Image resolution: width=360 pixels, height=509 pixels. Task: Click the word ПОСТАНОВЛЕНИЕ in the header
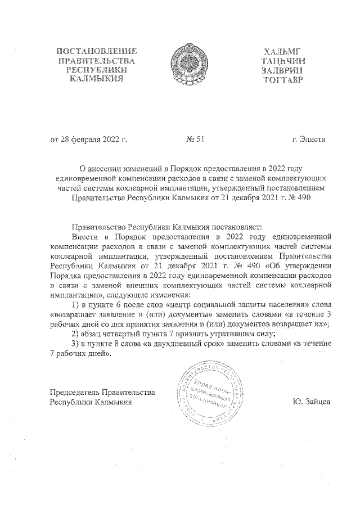tap(94, 52)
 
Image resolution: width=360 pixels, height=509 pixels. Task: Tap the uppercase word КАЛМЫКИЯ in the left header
tap(94, 79)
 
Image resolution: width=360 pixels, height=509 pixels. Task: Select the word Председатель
tap(76, 392)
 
